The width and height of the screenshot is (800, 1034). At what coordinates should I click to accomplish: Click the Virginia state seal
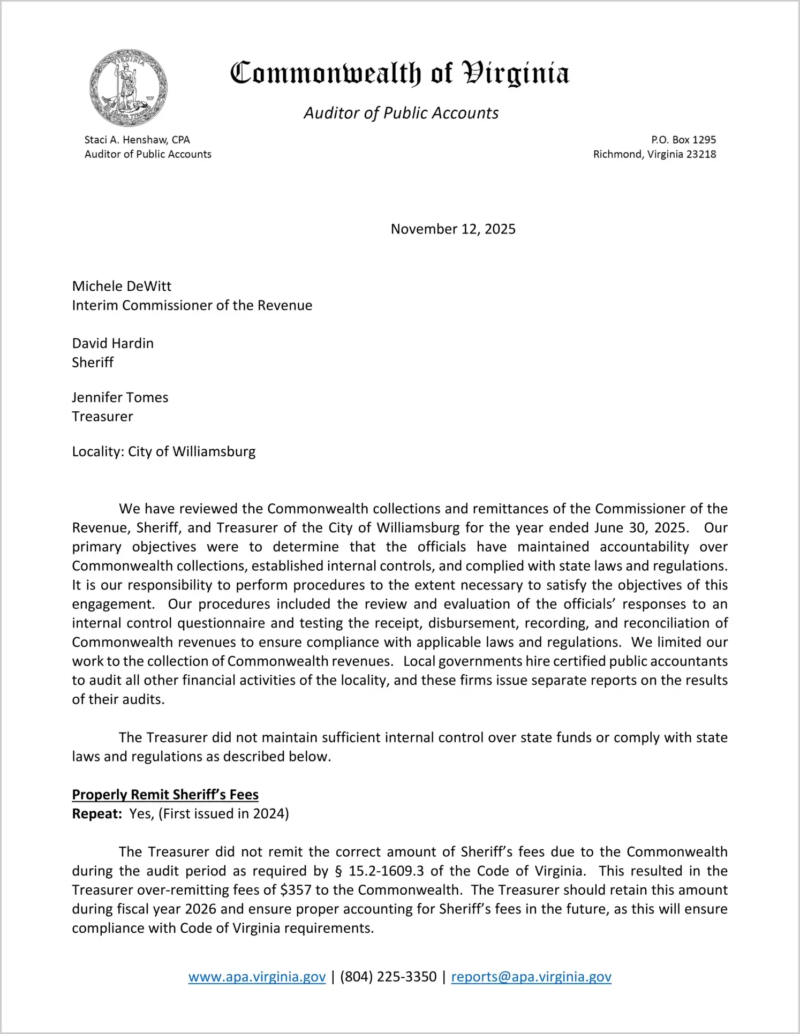pos(129,88)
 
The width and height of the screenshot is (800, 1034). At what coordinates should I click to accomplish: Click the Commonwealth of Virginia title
pos(399,73)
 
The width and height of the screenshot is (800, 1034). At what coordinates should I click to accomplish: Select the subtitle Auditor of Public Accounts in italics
pos(401,113)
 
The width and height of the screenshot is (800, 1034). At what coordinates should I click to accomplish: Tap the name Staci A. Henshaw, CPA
pos(137,140)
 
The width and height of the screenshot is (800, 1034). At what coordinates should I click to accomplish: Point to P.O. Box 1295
pos(683,140)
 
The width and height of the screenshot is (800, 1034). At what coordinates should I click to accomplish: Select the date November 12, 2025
pos(453,229)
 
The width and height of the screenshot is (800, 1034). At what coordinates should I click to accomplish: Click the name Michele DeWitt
pos(122,286)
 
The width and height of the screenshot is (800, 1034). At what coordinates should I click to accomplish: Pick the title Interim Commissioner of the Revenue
pos(192,305)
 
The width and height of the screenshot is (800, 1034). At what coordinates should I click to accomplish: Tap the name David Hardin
pos(112,343)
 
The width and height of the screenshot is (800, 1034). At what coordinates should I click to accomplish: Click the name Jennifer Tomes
pos(120,397)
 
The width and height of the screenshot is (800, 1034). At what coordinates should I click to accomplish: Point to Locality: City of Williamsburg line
pos(163,451)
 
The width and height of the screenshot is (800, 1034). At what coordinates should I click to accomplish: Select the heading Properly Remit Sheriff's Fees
pos(165,795)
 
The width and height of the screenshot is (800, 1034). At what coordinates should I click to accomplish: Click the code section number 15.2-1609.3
pos(386,871)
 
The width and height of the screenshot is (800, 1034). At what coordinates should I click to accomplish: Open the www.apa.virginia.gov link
pos(257,977)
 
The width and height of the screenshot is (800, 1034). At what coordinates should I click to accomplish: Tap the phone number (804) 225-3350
pos(388,977)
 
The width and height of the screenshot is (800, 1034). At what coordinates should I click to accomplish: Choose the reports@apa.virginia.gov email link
pos(531,977)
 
